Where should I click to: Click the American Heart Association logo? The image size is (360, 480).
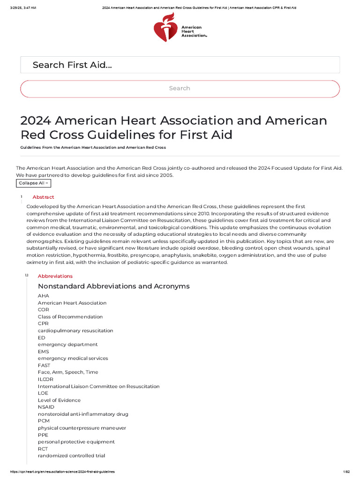click(180, 28)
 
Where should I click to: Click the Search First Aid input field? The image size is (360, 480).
click(180, 65)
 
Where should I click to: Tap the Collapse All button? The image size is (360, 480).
click(34, 183)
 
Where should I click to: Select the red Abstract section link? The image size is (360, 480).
click(43, 197)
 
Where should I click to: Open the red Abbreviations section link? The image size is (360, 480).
click(55, 276)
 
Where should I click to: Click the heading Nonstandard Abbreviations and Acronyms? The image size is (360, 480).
click(113, 286)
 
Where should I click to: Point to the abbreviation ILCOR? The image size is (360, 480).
click(45, 379)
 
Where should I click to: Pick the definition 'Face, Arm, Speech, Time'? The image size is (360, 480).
click(68, 372)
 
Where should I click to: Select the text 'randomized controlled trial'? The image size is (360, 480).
click(71, 456)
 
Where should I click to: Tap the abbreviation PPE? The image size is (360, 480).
click(43, 435)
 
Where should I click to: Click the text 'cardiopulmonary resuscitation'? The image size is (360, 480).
click(75, 330)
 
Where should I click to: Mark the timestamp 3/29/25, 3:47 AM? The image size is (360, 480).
click(20, 8)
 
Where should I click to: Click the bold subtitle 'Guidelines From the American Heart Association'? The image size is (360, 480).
click(93, 147)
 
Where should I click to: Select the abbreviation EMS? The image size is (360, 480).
click(43, 352)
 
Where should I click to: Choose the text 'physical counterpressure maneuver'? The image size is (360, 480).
click(82, 428)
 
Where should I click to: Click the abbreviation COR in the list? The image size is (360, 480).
click(43, 310)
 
